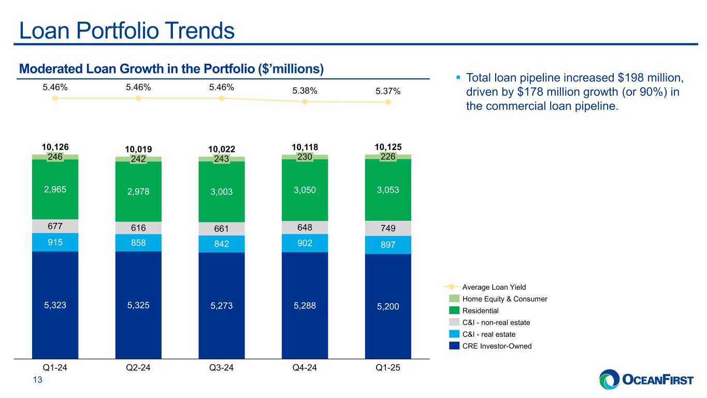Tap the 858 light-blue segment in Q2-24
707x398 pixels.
click(x=138, y=243)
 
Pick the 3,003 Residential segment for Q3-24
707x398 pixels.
click(x=221, y=191)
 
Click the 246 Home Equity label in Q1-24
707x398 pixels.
click(x=55, y=157)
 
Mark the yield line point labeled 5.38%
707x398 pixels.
click(x=305, y=102)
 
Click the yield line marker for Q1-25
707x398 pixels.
click(x=388, y=102)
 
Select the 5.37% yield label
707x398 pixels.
click(x=388, y=91)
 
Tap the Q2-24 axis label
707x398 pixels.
click(x=138, y=368)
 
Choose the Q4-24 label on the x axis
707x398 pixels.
click(x=305, y=368)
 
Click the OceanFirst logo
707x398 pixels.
click(x=646, y=380)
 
